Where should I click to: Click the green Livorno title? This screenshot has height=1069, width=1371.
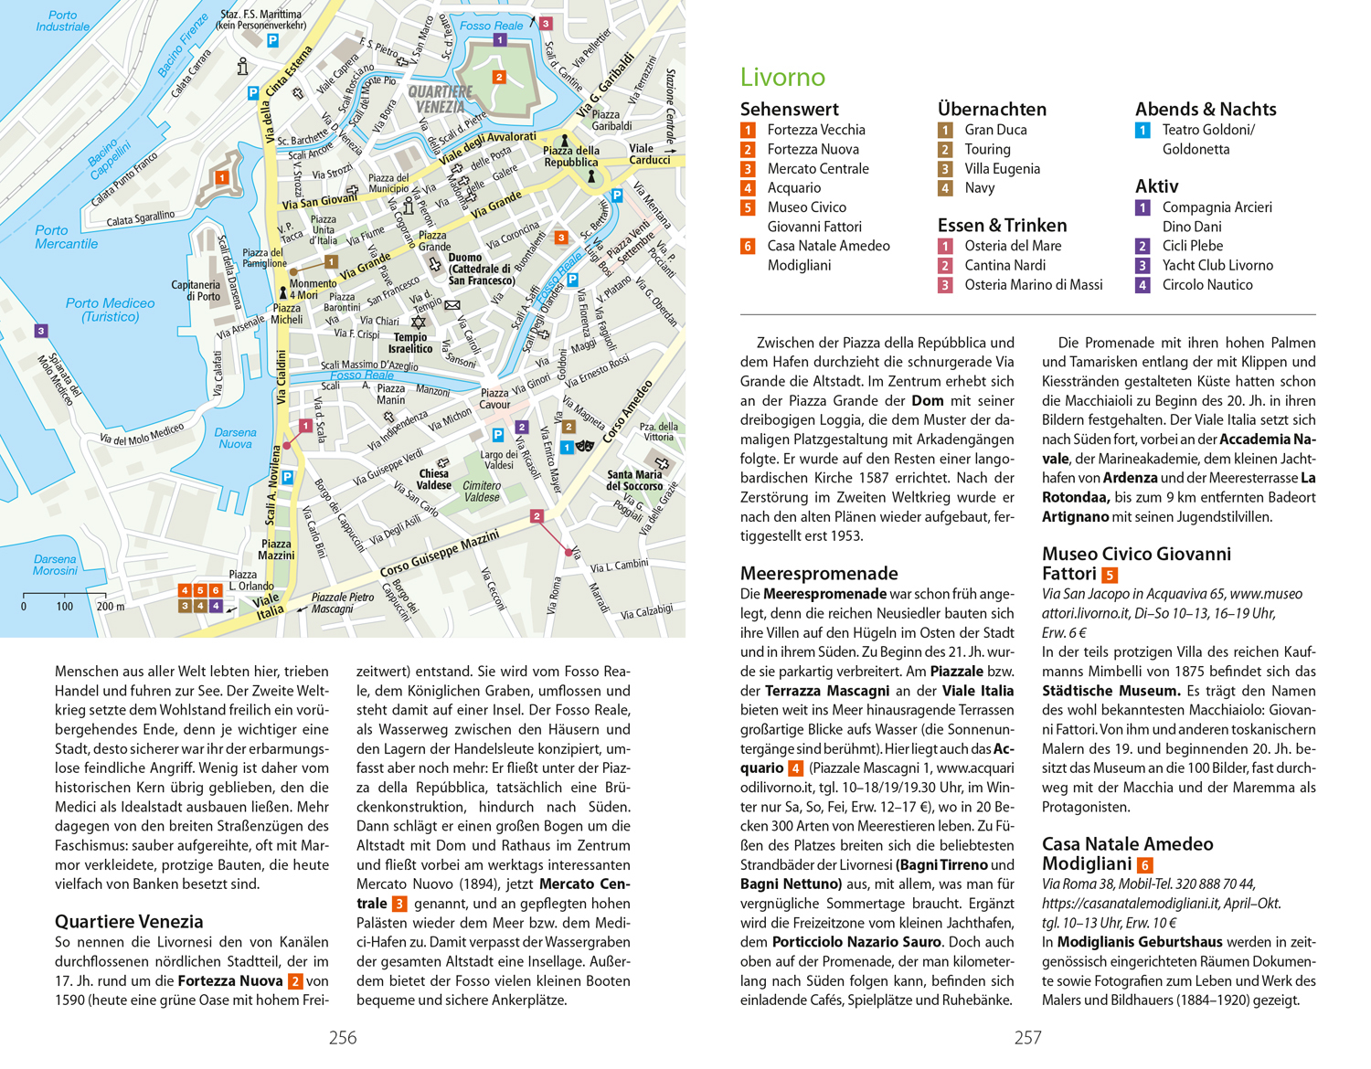point(782,78)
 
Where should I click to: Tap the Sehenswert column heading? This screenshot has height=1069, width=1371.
point(789,110)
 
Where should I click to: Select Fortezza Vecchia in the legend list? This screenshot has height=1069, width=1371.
point(815,130)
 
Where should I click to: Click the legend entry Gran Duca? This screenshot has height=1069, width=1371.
point(995,130)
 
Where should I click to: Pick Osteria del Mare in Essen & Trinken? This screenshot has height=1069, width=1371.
point(1013,246)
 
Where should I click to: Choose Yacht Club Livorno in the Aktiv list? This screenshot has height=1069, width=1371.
point(1217,265)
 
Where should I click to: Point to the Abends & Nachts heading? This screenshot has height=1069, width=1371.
point(1206,110)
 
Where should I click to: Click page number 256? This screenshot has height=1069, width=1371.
point(343,1038)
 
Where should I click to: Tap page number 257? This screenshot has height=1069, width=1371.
point(1028,1038)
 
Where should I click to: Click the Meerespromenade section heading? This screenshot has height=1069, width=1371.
point(819,574)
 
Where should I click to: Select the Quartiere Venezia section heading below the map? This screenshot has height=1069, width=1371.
point(129,921)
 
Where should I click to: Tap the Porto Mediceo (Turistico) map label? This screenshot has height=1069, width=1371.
point(110,310)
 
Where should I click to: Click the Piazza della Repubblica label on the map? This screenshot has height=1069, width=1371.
point(571,156)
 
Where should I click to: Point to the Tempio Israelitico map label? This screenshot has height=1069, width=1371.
point(410,343)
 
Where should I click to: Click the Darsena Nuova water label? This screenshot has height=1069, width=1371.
point(235,438)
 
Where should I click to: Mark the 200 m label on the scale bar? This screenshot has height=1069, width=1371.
point(110,606)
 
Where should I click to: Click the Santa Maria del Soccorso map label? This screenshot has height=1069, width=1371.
point(634,480)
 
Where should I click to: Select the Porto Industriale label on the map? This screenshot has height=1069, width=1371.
point(63,21)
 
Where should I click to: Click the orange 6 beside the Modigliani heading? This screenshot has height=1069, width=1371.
point(1144,865)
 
